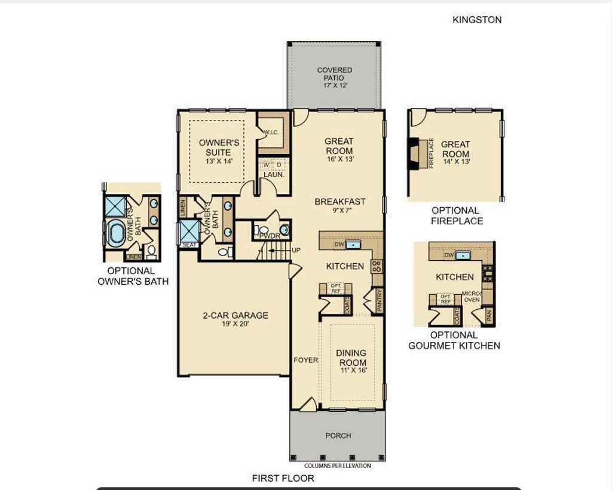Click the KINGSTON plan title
[477, 20]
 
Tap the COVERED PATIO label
[334, 78]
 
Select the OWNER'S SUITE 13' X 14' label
[219, 152]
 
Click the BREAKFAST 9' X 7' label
[339, 206]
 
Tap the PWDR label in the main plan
[266, 236]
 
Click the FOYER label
[305, 360]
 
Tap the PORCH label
[338, 436]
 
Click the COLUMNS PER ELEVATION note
[338, 466]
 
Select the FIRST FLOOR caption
[283, 478]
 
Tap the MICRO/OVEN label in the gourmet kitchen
[472, 296]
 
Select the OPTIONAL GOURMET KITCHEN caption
[454, 340]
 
